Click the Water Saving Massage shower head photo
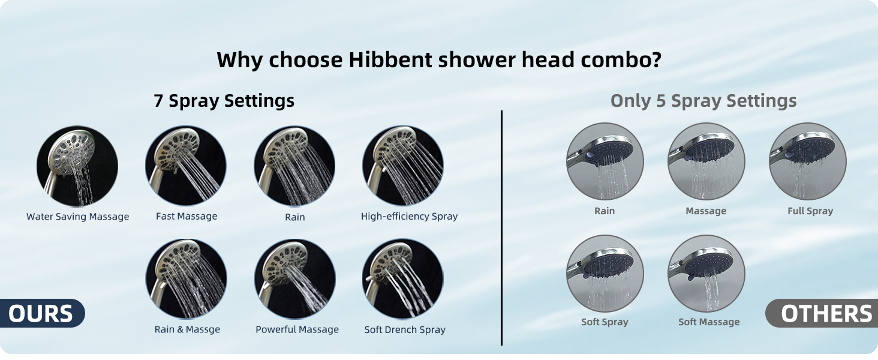(x=77, y=166)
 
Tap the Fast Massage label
(x=187, y=216)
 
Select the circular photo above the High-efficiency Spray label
(x=402, y=166)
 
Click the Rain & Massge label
(x=187, y=329)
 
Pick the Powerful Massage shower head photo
(x=294, y=279)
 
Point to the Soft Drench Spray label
(x=405, y=329)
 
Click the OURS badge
(x=41, y=314)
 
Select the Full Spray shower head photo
(x=807, y=161)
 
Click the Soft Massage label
(x=709, y=322)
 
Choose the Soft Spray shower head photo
(x=605, y=273)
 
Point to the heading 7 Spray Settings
(x=224, y=101)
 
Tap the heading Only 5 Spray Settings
(x=703, y=101)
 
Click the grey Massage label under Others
(x=706, y=211)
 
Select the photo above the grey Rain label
(x=605, y=161)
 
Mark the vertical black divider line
(x=501, y=228)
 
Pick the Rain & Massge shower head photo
(x=186, y=279)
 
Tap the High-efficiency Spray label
(x=409, y=216)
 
